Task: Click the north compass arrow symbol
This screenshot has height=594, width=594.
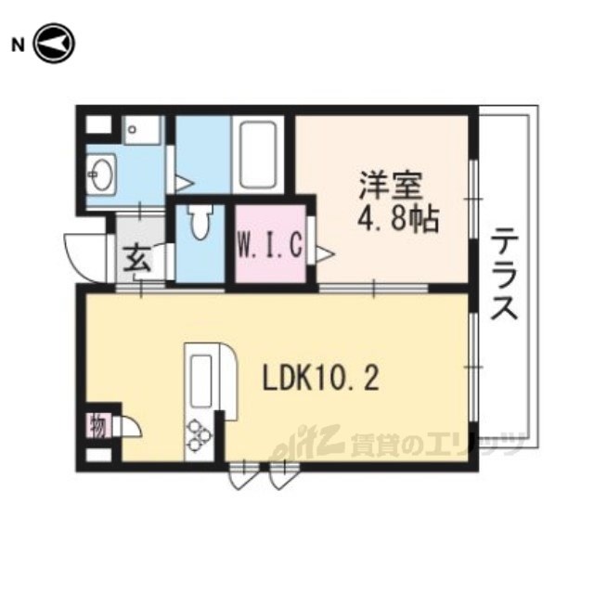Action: pos(54,44)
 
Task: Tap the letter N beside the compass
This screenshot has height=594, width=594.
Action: pos(18,45)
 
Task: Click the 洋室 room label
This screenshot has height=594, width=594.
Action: pos(391,186)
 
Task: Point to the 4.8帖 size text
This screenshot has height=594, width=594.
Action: pos(398,219)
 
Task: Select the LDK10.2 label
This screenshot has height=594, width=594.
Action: pos(321,379)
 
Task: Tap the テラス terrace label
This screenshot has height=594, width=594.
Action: pos(504,273)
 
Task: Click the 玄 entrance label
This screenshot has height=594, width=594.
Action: pos(137,258)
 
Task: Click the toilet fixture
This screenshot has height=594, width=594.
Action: pos(200,223)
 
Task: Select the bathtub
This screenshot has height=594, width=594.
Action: pos(258,155)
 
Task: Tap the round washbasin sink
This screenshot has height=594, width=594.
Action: pos(101,174)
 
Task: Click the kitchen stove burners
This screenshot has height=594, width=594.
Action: pos(199,436)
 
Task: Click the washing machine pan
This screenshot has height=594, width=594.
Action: pos(142,130)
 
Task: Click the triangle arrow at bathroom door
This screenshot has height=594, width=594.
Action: pos(185,184)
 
